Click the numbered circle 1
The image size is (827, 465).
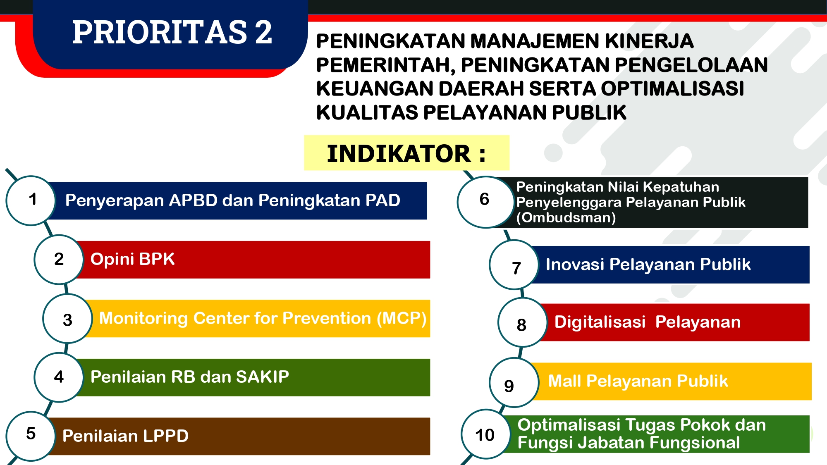[31, 200]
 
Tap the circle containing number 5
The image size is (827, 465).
[31, 436]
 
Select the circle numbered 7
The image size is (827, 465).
[514, 265]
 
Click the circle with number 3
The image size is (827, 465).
[68, 319]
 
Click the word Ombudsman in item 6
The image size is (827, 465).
[566, 218]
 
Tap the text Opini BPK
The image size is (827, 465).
[132, 259]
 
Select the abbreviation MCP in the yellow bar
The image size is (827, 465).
[401, 318]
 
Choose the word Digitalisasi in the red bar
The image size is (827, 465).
[600, 322]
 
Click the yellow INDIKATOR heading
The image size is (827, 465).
[406, 153]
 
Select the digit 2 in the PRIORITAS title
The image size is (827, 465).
[263, 32]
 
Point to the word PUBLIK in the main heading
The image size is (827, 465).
[589, 112]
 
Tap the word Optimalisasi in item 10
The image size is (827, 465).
[569, 425]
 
